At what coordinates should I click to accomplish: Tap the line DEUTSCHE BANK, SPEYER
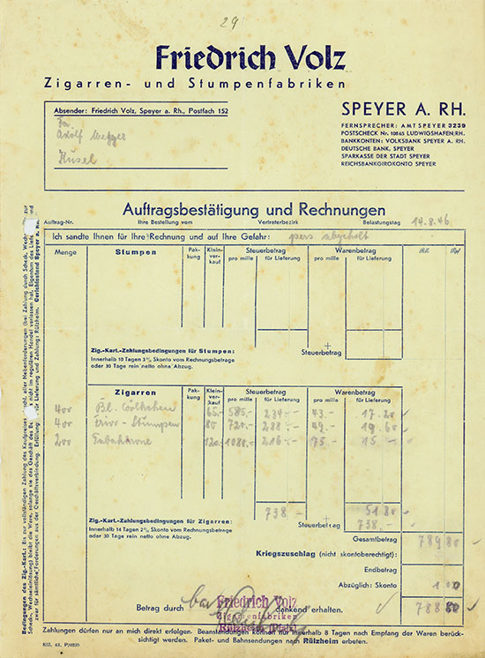coord(377,149)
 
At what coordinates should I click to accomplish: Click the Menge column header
coord(66,252)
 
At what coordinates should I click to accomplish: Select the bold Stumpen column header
coord(136,251)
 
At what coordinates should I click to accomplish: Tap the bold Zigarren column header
coord(136,393)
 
